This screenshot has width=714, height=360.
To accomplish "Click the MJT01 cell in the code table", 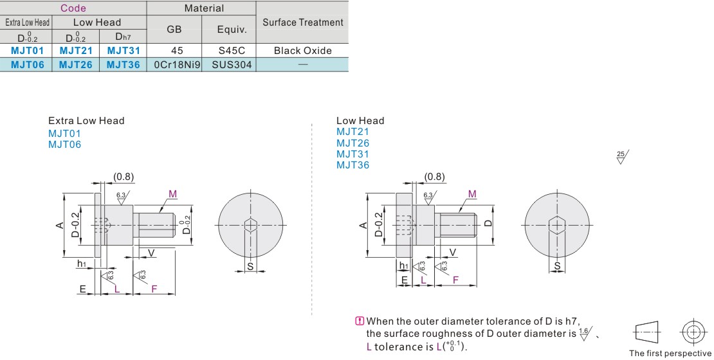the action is click(x=27, y=51).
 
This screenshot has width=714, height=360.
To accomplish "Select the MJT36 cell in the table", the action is click(x=123, y=65).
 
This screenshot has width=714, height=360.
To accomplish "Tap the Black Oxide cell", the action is click(x=303, y=51).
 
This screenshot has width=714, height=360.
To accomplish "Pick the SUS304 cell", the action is click(x=232, y=65).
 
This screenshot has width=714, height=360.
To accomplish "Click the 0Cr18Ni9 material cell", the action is click(x=177, y=65).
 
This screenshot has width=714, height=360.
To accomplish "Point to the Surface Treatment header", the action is click(x=303, y=22).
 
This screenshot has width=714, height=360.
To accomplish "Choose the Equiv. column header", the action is click(x=232, y=30).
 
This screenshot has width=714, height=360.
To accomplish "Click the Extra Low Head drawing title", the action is click(x=86, y=121).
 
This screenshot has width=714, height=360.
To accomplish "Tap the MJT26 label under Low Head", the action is click(x=353, y=143).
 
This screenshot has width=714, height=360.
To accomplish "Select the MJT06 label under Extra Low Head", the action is click(x=65, y=145).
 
